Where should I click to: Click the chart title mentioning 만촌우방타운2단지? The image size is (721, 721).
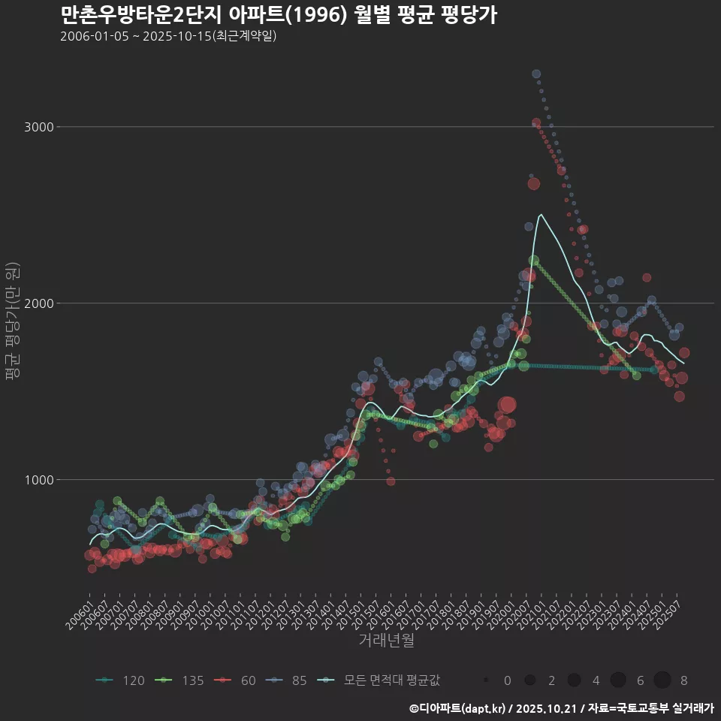point(278,16)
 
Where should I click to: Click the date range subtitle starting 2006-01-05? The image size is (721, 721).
point(168,36)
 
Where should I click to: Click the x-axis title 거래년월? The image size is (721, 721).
point(386,641)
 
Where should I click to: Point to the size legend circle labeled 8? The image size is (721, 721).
point(662,680)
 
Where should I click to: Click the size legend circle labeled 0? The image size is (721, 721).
point(487,680)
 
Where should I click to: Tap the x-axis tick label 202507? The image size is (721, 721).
point(671,616)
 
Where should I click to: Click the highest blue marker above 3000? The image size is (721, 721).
point(536,74)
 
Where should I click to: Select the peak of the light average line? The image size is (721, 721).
point(540,215)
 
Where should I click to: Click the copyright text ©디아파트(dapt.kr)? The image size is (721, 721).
point(458,708)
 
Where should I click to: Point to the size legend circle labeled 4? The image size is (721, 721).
point(575,680)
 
